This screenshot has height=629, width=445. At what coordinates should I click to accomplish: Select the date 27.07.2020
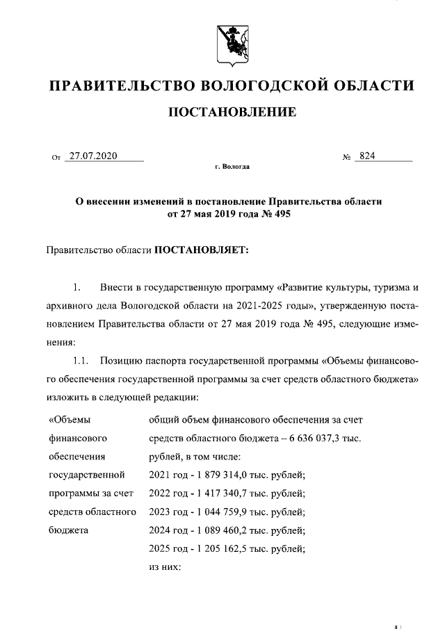[x=95, y=156]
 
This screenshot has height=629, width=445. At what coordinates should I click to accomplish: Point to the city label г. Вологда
[x=233, y=168]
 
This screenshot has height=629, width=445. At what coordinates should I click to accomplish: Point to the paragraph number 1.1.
[x=81, y=361]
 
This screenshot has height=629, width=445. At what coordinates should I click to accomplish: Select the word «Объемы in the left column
[x=70, y=420]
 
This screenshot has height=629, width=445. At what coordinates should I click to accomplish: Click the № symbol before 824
[x=346, y=157]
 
